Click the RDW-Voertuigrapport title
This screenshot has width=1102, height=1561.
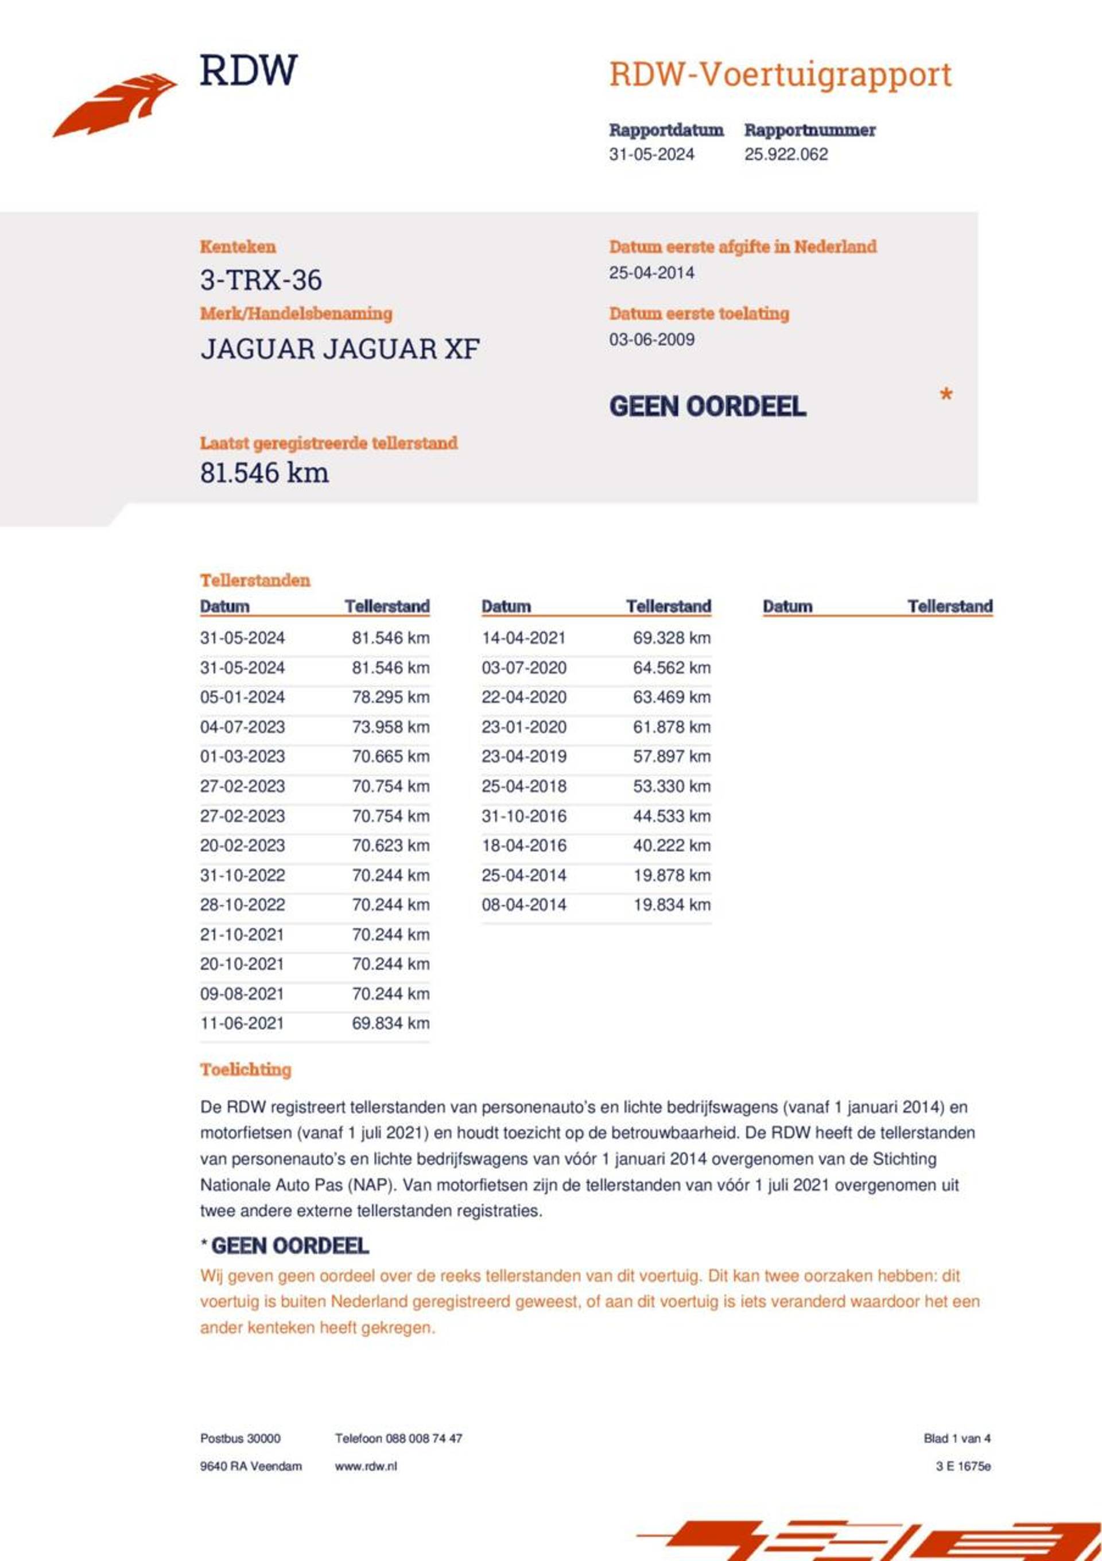coord(780,75)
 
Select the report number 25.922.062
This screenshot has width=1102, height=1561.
coord(786,154)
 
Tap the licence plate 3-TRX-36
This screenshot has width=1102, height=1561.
coord(261,280)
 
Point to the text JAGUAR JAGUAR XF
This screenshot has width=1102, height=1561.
coord(340,350)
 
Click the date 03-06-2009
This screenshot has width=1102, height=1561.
coord(651,339)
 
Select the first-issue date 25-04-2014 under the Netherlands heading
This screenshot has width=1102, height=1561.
coord(651,273)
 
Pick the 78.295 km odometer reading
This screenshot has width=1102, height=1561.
coord(390,697)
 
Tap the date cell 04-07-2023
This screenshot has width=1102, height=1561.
coord(242,727)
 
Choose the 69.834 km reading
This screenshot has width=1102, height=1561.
coord(390,1023)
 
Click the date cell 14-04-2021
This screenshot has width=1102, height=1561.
coord(523,638)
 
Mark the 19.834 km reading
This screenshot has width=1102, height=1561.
coord(672,905)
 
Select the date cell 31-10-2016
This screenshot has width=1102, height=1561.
coord(523,816)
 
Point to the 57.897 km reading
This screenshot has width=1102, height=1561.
coord(672,756)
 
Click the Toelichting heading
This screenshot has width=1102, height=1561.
coord(246,1070)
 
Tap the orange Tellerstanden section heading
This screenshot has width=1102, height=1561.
coord(255,580)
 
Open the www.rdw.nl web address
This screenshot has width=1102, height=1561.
coord(366,1466)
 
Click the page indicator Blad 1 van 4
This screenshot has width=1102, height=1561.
coord(957,1438)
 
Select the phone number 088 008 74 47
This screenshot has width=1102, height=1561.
coord(424,1438)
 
